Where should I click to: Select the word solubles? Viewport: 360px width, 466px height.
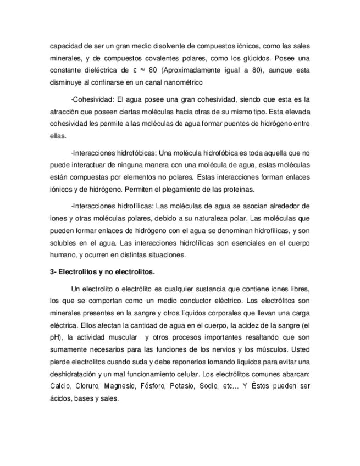(x=62, y=242)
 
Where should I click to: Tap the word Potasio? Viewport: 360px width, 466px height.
(x=197, y=386)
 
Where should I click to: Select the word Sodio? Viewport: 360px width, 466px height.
(x=229, y=386)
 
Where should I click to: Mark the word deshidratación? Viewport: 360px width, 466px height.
(x=72, y=374)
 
